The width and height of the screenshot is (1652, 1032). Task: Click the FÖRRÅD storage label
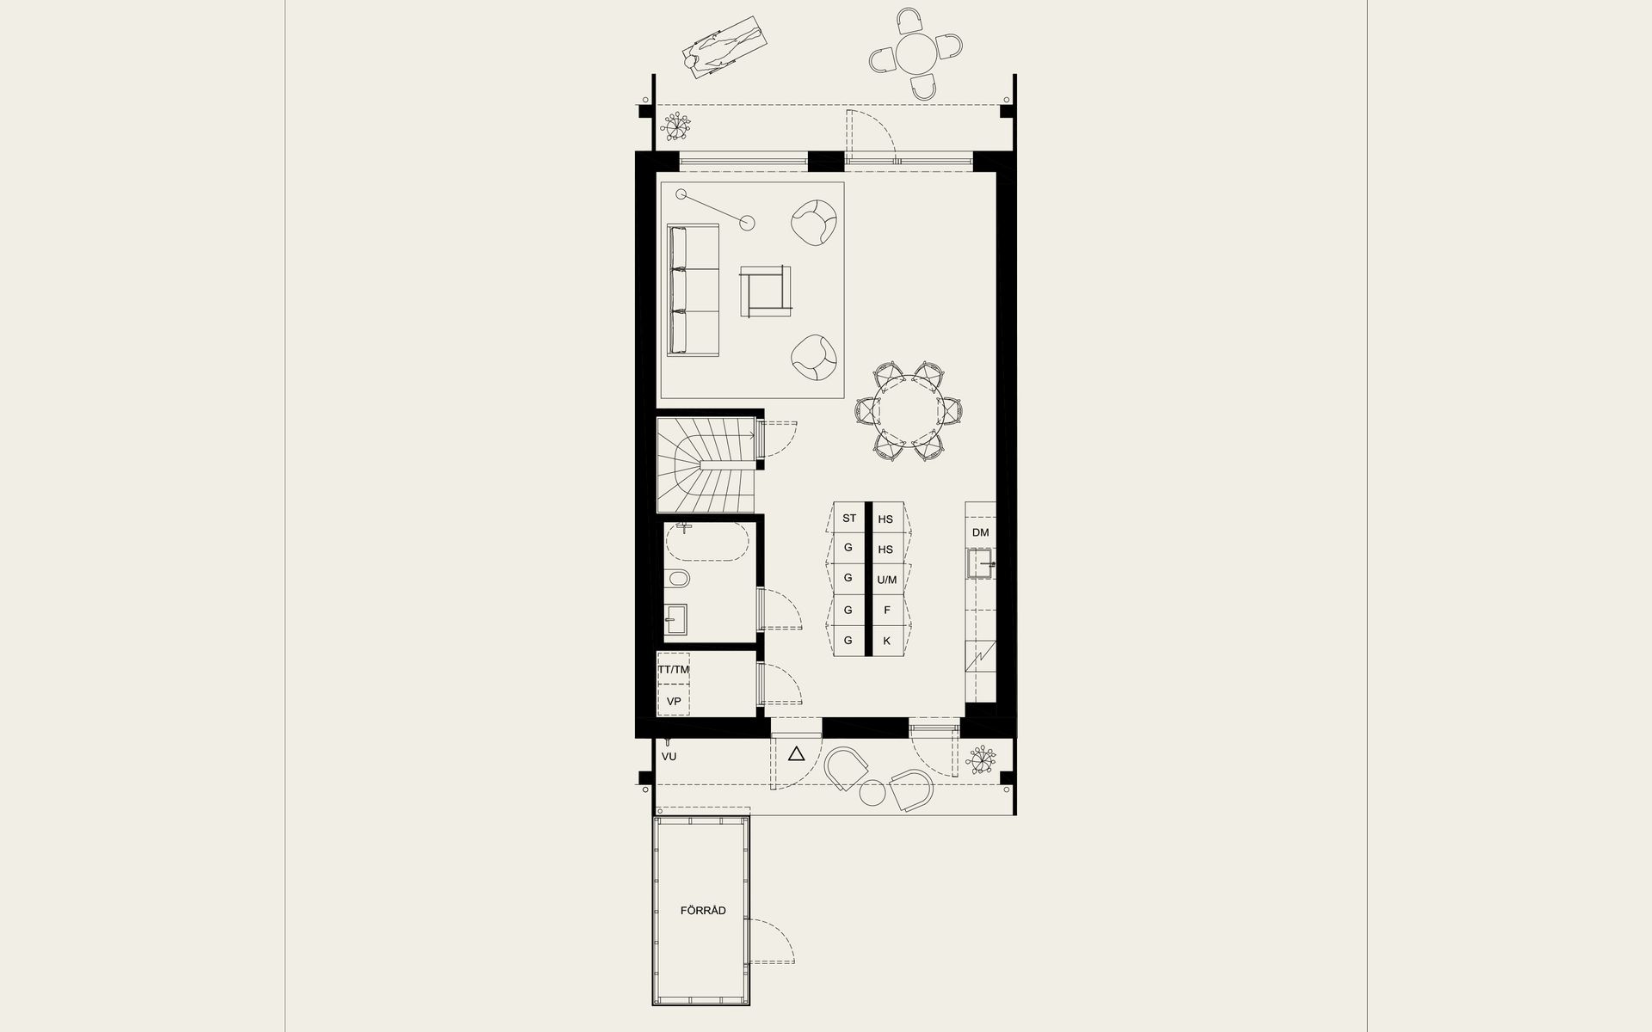[x=703, y=911]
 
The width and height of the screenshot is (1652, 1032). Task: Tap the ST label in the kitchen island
[x=849, y=519]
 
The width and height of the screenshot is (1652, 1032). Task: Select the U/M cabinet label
[x=886, y=580]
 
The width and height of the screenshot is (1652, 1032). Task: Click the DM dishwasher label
[x=981, y=532]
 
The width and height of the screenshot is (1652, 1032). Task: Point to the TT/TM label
[x=674, y=669]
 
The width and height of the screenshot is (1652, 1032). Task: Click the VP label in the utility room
[x=674, y=702]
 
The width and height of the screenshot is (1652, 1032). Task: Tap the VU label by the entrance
[x=669, y=757]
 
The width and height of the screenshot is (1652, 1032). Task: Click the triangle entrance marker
[x=796, y=755]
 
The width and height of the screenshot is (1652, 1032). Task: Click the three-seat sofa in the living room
[x=694, y=290]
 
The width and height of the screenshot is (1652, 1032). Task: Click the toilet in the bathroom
[x=677, y=579]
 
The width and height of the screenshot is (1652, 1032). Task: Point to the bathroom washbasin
[x=676, y=619]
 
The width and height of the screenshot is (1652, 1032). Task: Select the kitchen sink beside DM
[x=981, y=566]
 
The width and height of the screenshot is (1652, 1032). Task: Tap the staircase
[x=706, y=464]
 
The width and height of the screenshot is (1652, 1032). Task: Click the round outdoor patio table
[x=915, y=54]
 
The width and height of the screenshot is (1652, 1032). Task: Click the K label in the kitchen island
[x=886, y=641]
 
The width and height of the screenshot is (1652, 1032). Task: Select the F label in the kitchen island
[x=886, y=611]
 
